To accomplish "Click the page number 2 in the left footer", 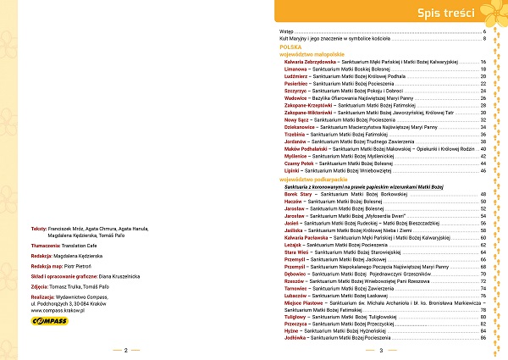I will click(125, 351).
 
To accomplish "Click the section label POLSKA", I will click(291, 47).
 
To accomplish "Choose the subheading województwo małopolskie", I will click(312, 54).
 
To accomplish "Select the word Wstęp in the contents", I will click(289, 31).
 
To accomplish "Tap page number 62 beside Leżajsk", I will click(482, 245).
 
